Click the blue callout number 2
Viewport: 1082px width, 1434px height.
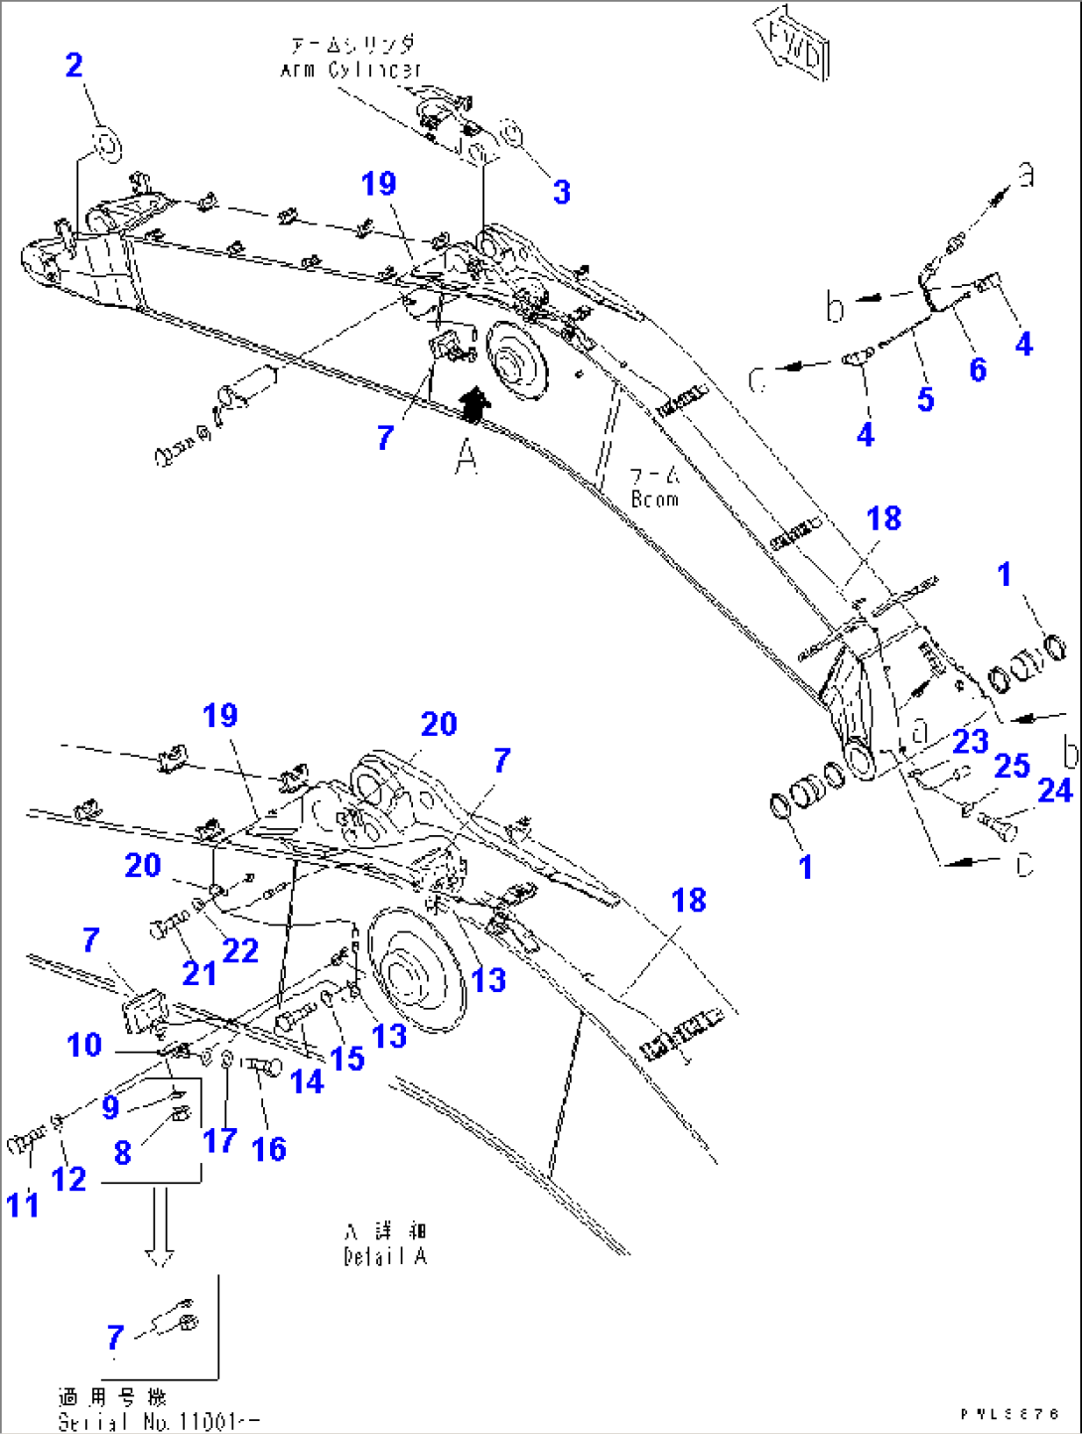74,66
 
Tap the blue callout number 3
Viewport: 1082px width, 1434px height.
562,192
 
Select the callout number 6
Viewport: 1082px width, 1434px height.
978,369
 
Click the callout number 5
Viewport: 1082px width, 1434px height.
925,399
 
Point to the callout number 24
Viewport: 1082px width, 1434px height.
1055,790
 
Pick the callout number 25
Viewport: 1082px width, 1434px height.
1012,766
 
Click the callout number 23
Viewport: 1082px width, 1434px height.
970,741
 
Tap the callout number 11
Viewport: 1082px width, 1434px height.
23,1205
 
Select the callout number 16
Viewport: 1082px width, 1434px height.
269,1149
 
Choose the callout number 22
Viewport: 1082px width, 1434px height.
240,950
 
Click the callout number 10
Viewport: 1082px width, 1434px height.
84,1045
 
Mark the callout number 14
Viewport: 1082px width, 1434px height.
307,1081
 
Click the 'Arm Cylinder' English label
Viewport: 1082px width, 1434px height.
350,70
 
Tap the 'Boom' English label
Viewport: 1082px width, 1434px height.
655,500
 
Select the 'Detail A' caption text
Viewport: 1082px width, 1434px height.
385,1256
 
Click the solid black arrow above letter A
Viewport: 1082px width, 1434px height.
474,404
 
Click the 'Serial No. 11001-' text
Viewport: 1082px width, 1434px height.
159,1422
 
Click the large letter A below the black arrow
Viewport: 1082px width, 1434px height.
466,458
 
